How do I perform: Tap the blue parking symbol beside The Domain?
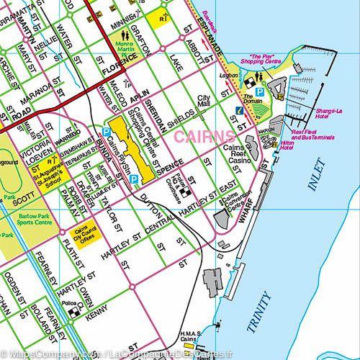pos(260,92)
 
